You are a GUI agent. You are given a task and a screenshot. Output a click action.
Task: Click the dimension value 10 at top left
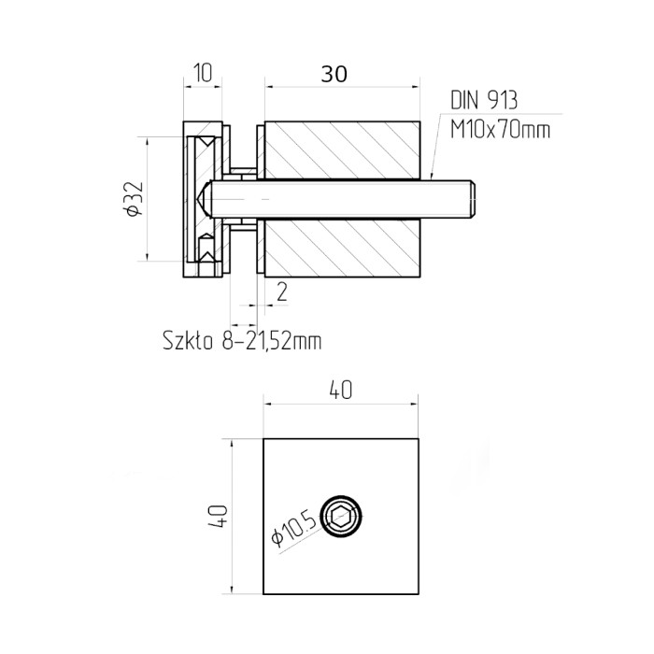pyautogui.click(x=203, y=73)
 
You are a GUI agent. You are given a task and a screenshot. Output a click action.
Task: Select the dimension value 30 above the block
pyautogui.click(x=334, y=74)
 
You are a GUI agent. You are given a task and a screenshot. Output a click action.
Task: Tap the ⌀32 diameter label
pyautogui.click(x=135, y=199)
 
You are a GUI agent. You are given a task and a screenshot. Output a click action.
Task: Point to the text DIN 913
pyautogui.click(x=484, y=101)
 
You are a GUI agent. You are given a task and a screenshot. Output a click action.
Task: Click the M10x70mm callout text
pyautogui.click(x=500, y=129)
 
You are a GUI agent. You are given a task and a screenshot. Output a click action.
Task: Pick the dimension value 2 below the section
pyautogui.click(x=282, y=291)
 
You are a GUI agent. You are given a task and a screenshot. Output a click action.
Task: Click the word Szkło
pyautogui.click(x=188, y=341)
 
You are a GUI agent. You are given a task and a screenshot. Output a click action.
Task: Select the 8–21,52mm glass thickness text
pyautogui.click(x=272, y=341)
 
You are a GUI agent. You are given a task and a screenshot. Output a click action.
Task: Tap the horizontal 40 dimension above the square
pyautogui.click(x=341, y=390)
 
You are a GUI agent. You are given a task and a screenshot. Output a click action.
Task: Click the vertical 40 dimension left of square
pyautogui.click(x=218, y=516)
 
